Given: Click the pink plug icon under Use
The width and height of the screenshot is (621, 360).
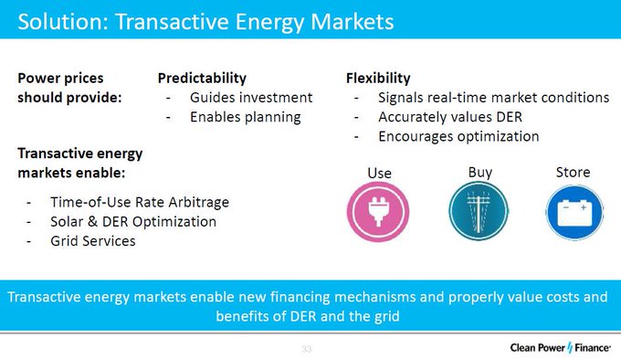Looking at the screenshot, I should [379, 212].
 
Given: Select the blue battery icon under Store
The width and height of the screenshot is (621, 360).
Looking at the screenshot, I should [573, 212].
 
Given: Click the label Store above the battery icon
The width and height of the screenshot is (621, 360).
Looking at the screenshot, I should [573, 172].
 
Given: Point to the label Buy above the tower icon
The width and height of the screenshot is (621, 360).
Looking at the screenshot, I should [479, 172].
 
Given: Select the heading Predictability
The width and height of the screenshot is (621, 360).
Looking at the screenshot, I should [202, 78].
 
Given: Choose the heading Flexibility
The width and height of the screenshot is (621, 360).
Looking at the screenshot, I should [378, 78].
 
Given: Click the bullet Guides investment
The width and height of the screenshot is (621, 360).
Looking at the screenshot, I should [251, 97].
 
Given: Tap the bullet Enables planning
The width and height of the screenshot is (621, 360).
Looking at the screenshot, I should [245, 116].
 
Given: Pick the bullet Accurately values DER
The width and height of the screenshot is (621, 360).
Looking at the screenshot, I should [448, 116].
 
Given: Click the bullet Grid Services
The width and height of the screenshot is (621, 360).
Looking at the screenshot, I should [93, 241].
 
